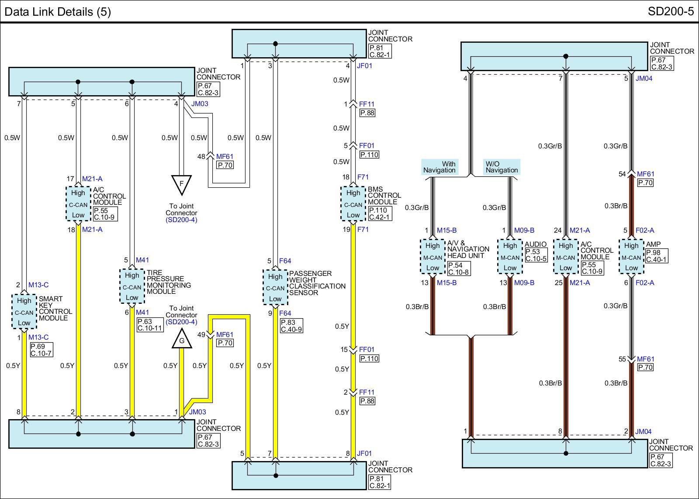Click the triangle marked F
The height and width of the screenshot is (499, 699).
point(181,184)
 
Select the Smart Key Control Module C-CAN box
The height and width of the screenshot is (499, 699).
point(24,312)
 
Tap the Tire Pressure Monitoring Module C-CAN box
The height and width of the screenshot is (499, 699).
point(131,286)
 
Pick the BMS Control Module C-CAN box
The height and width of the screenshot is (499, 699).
point(353,204)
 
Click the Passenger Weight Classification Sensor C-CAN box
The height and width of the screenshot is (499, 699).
point(275,287)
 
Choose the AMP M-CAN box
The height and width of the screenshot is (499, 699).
point(631,257)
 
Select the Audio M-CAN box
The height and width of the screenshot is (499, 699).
point(510,257)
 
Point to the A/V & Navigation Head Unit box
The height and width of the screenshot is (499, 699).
point(433,257)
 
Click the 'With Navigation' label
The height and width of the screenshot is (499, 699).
point(439,167)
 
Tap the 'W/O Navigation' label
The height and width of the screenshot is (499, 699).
point(502,167)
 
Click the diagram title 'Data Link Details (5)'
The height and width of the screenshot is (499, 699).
point(58,11)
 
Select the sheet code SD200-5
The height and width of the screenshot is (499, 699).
point(671,11)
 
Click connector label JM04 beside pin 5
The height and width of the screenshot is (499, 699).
point(643,79)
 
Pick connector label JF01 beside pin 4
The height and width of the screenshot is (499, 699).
point(365,66)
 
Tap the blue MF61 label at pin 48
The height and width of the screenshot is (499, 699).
point(225,156)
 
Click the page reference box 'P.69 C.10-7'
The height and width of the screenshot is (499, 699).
point(41,350)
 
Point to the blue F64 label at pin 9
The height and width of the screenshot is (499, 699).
point(285,313)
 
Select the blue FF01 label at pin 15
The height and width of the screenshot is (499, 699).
point(367,350)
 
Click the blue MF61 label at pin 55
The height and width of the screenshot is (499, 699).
point(645,359)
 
